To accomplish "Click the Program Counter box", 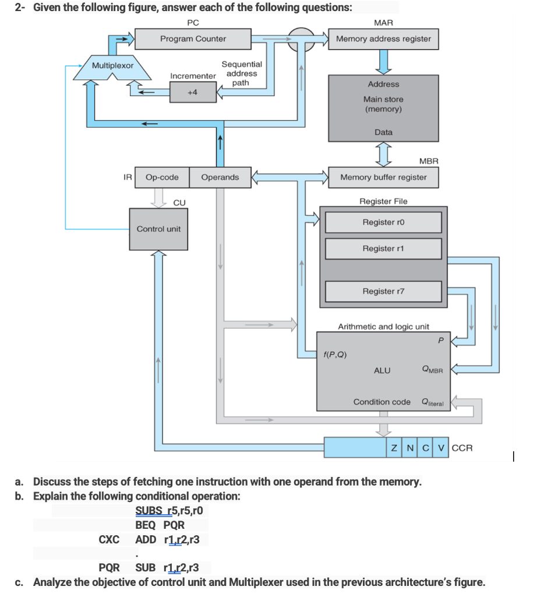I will tap(193, 39).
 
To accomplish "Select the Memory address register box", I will tap(383, 39).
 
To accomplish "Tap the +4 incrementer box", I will tap(192, 92).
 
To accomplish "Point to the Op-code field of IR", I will tap(162, 177).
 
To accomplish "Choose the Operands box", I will tap(220, 177).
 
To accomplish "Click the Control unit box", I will tap(158, 229).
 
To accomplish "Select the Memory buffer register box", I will tap(383, 177).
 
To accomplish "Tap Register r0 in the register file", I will tap(383, 222).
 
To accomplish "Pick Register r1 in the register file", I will tap(383, 248).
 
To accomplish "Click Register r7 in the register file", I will tap(383, 291).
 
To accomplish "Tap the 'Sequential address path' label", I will tap(241, 73).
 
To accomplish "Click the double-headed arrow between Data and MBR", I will tap(383, 155).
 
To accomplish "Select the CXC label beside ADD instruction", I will tap(109, 539).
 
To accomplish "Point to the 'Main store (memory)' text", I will tap(383, 104).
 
